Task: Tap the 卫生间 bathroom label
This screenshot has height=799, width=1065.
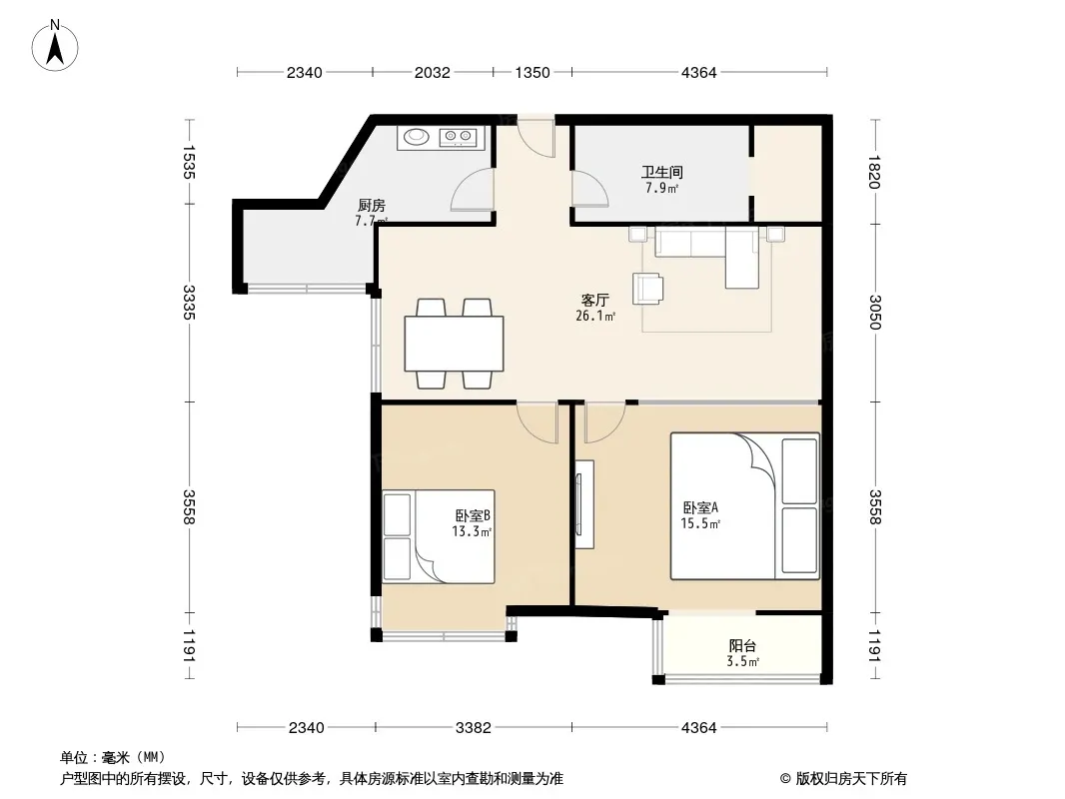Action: (x=661, y=173)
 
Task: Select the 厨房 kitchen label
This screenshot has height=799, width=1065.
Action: (x=372, y=205)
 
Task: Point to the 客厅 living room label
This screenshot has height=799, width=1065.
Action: (x=595, y=300)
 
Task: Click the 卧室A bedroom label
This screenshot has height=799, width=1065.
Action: (x=700, y=507)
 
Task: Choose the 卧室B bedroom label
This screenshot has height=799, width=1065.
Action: (x=473, y=516)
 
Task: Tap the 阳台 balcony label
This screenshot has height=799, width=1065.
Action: (x=742, y=646)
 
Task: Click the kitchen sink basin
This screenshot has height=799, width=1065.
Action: (x=417, y=137)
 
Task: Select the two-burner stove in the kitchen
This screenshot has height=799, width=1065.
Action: (x=458, y=138)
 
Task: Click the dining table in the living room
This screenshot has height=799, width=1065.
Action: (x=454, y=344)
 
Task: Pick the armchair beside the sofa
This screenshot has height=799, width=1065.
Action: (x=647, y=288)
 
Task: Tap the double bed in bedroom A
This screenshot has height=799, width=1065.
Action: (x=744, y=506)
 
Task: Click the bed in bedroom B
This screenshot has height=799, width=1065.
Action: (x=439, y=536)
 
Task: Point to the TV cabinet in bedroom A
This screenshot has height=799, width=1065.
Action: (x=583, y=504)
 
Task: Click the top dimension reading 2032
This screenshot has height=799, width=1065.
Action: (x=432, y=72)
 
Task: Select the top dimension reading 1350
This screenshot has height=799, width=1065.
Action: (x=532, y=72)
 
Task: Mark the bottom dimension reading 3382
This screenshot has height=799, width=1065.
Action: (x=473, y=728)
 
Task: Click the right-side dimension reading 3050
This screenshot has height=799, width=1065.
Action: (x=874, y=313)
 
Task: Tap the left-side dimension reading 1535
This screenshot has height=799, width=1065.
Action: (x=189, y=162)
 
